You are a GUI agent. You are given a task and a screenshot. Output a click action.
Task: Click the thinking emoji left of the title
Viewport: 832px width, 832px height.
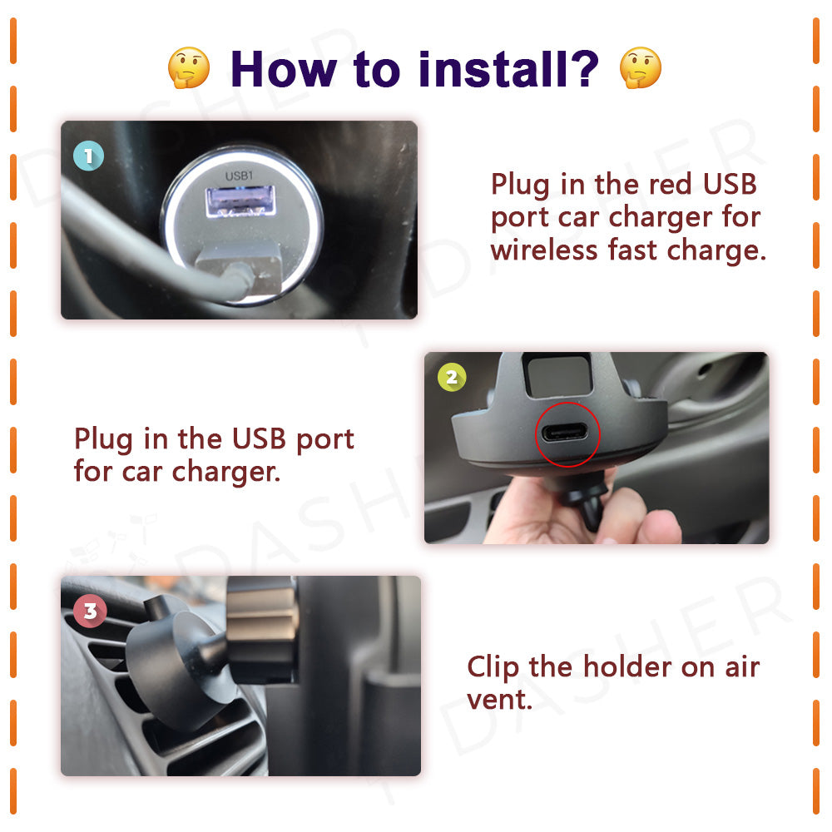(x=189, y=67)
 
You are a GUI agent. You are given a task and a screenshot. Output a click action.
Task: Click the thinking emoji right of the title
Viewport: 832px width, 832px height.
(x=641, y=67)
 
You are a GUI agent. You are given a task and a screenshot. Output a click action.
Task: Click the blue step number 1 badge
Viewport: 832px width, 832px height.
(x=89, y=156)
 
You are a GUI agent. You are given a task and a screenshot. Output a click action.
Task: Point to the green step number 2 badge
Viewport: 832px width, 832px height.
(x=452, y=377)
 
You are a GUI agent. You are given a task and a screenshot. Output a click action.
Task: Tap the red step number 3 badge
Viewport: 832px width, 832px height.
(x=90, y=611)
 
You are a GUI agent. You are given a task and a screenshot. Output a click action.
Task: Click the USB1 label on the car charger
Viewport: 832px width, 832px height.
(x=240, y=176)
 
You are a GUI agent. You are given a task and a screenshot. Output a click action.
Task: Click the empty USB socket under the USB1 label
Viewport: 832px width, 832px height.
(x=240, y=201)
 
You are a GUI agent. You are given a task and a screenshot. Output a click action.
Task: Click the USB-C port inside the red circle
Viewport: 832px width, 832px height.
(x=565, y=433)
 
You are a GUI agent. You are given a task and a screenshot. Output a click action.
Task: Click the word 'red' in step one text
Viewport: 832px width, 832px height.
(x=670, y=184)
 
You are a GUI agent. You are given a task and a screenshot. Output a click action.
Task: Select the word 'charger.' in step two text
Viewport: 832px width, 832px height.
(x=226, y=472)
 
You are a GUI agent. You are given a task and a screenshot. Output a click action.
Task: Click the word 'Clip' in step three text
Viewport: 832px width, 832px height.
(x=493, y=667)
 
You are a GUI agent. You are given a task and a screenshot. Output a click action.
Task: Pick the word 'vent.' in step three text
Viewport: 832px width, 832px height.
(x=499, y=700)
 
